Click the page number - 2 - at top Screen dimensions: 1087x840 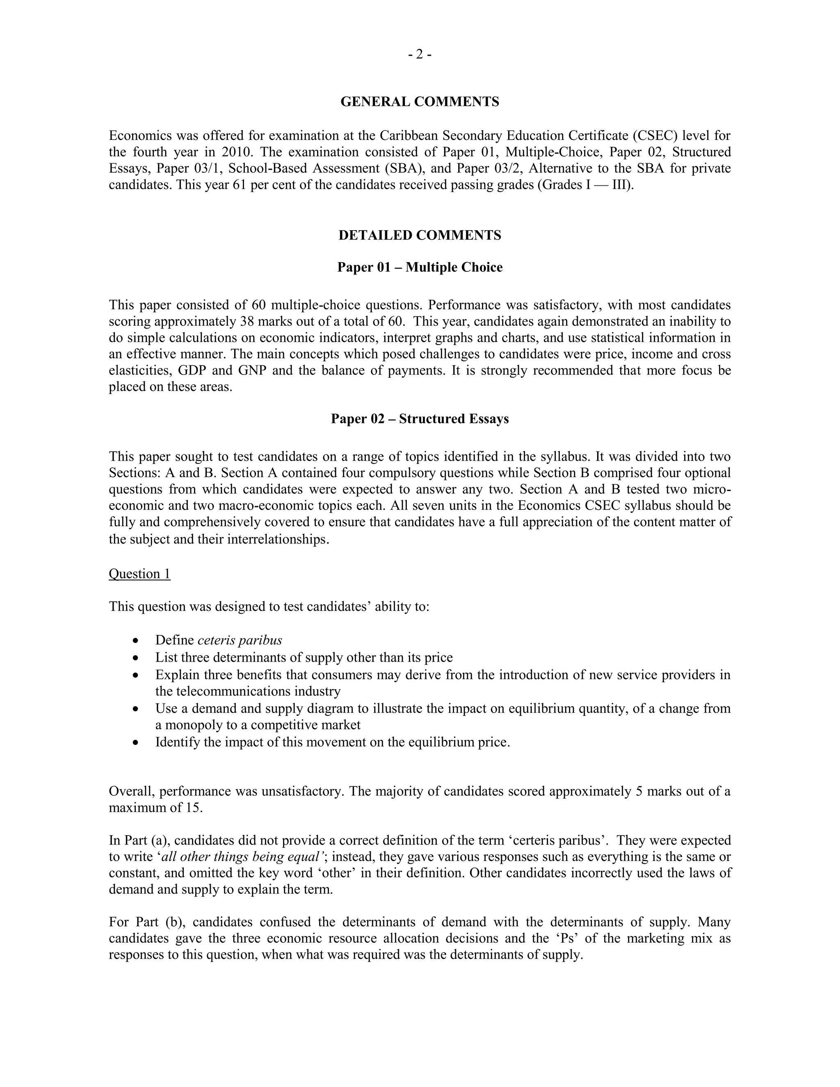coord(420,54)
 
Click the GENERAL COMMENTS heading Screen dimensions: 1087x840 coord(420,102)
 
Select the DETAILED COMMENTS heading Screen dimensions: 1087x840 coord(420,235)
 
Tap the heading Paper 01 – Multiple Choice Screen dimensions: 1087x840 coord(420,267)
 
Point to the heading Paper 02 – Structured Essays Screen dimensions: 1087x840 coord(420,418)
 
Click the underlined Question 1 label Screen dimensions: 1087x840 coord(139,574)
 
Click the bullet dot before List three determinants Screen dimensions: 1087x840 coord(136,658)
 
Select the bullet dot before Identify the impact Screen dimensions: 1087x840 coord(136,742)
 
